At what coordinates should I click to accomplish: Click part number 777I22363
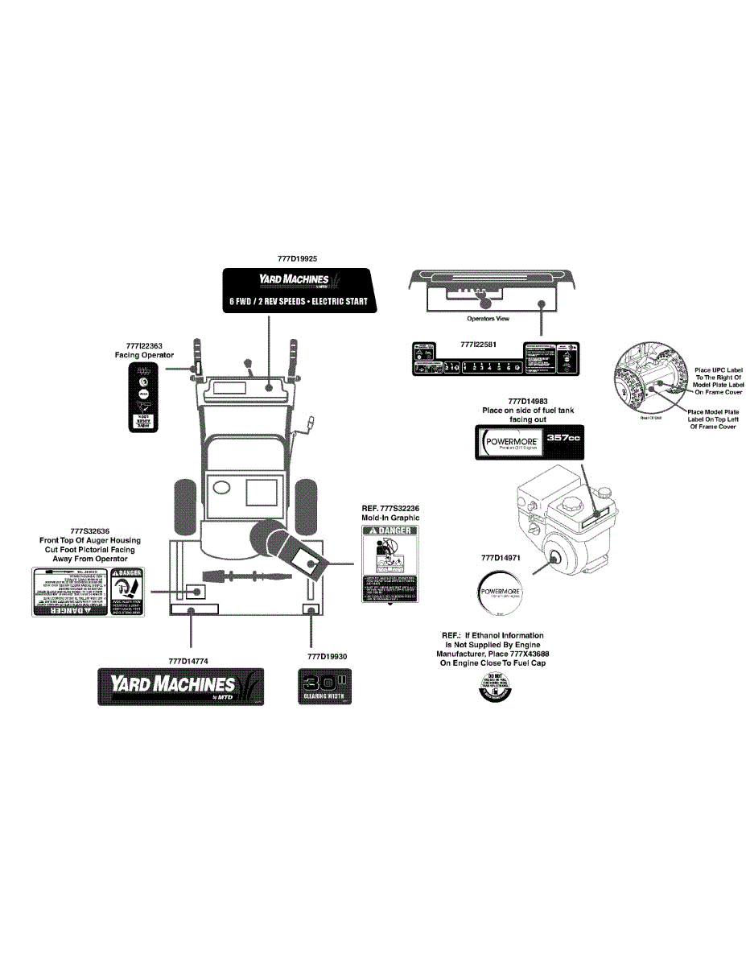pos(144,345)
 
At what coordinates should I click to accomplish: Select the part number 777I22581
pos(478,344)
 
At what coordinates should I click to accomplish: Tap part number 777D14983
pos(527,401)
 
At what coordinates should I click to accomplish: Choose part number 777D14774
pos(189,660)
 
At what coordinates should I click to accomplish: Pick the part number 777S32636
pos(90,530)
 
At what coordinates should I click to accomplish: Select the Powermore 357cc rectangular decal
pos(529,443)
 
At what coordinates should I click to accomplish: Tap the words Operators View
pos(488,319)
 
